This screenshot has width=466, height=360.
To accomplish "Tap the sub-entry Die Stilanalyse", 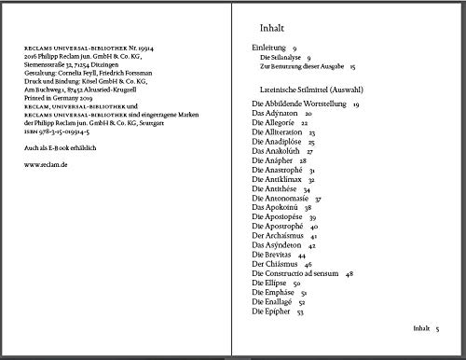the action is [284, 57].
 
